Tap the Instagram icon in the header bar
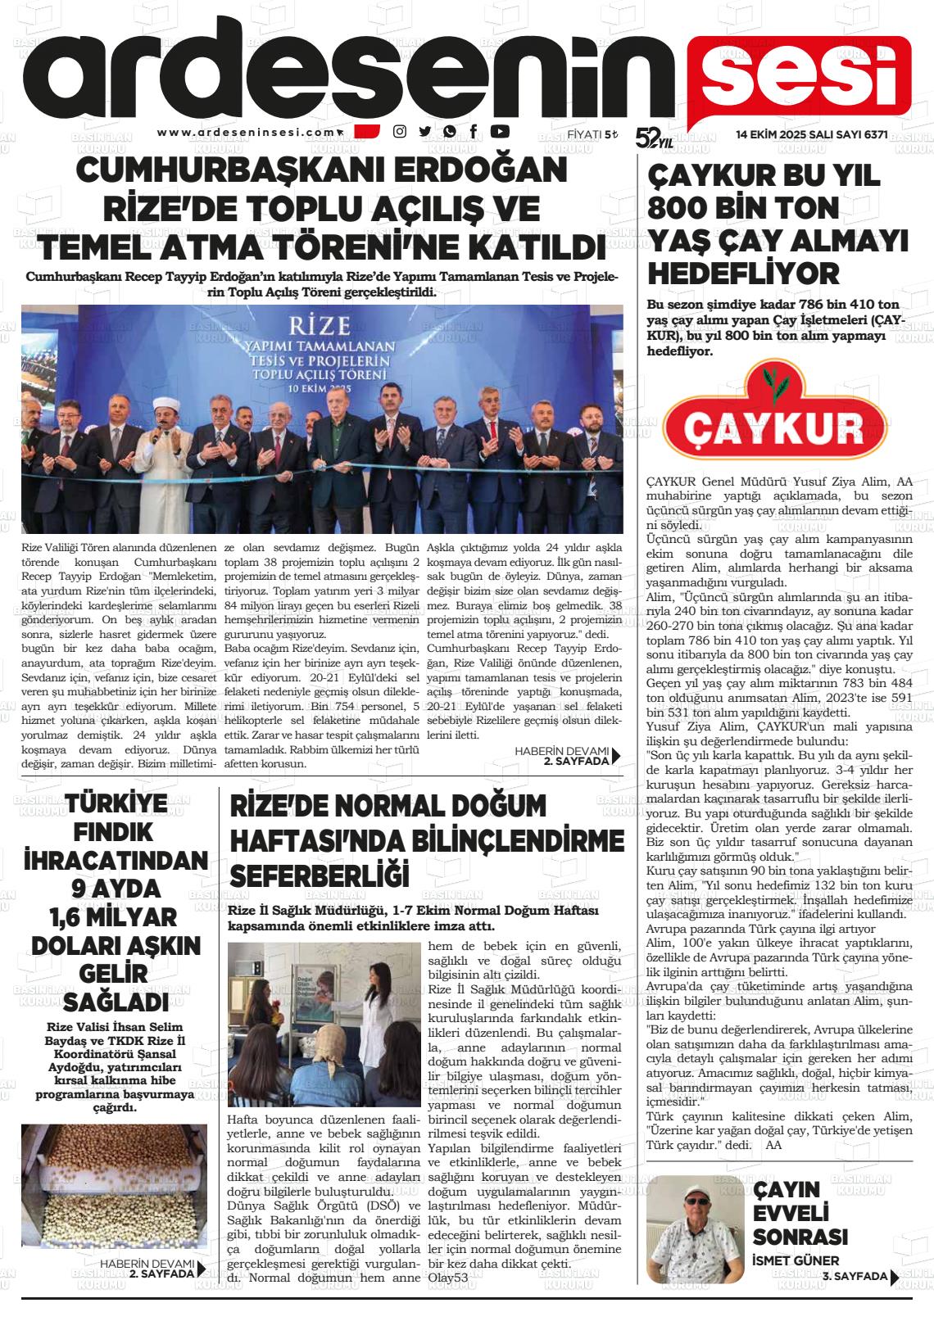point(400,131)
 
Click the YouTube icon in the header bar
point(500,131)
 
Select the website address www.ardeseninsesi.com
point(247,132)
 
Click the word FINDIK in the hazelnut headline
point(114,832)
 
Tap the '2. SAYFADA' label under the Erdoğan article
point(576,760)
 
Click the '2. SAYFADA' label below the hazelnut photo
point(161,1274)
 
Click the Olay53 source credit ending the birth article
point(448,1278)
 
